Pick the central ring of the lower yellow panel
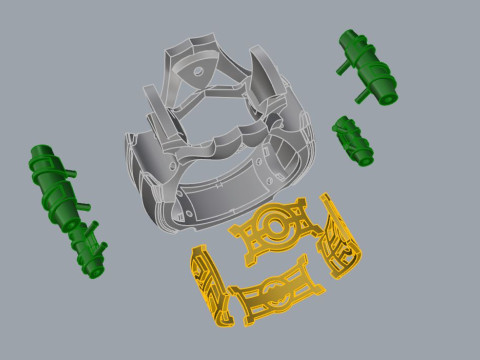click(x=272, y=291)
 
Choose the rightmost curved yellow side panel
click(x=340, y=244)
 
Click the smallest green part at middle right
click(x=351, y=139)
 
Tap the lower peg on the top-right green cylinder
click(x=360, y=97)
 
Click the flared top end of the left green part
click(x=41, y=158)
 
